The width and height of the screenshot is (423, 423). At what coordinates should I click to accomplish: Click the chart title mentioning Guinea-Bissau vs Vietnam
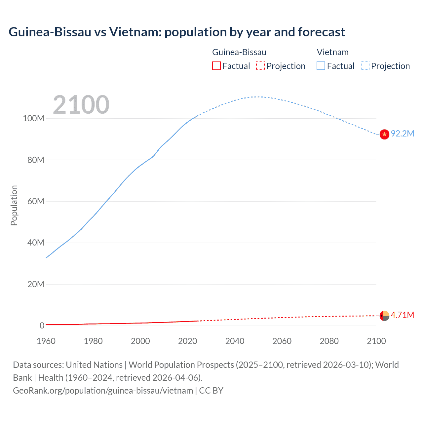177,32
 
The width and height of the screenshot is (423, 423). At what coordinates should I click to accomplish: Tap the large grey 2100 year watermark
81,105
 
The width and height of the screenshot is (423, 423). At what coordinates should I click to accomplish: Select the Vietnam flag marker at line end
384,135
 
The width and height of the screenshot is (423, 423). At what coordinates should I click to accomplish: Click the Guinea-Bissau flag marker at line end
384,316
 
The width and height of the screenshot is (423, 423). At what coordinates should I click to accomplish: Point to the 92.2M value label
402,134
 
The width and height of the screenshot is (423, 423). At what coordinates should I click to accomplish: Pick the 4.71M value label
402,315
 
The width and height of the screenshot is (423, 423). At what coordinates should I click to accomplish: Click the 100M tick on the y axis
33,119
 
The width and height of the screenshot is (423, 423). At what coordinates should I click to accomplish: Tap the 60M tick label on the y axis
35,201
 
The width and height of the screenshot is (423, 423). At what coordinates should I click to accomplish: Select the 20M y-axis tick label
35,284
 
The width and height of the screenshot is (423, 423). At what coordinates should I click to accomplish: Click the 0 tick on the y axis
42,326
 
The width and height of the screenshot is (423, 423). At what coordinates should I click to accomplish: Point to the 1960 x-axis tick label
46,341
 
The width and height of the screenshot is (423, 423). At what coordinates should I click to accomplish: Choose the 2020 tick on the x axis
187,341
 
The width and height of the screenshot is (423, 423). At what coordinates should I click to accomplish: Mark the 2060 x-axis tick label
282,341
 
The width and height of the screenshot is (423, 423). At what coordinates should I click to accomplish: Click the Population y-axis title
14,205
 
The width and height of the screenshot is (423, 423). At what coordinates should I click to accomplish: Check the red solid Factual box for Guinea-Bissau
216,66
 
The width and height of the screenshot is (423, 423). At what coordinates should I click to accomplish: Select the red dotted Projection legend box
260,66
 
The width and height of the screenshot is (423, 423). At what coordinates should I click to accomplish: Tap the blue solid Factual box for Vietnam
321,66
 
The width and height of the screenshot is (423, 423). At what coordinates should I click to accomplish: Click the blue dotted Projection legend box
365,66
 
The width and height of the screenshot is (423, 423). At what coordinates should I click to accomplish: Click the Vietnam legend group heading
332,52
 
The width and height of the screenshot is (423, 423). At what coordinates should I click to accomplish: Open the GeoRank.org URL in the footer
103,391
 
